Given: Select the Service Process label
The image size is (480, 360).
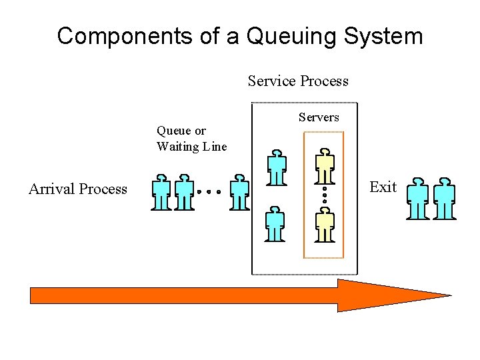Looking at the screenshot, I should coord(298,81).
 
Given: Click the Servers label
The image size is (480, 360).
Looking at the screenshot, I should coord(319,117).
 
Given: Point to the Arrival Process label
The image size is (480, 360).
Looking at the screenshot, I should coord(78,189).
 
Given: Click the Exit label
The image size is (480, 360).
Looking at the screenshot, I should coord(383,187).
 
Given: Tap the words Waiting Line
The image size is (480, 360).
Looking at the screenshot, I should coord(191,147).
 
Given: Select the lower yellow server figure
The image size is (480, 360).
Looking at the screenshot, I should coord(325,224).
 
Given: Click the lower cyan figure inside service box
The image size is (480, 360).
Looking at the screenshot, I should coord(275,224).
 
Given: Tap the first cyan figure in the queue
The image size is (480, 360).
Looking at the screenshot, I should coord(161,193).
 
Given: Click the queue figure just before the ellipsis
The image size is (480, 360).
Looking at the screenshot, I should coord(184,193).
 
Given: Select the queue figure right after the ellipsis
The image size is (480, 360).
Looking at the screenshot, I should coord(239,193).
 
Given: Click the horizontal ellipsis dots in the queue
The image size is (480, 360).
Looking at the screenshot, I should coord(209,191).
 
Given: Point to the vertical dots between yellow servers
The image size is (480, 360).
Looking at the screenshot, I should coord(325,195).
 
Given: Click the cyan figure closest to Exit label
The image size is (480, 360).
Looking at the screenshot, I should coord(418,198).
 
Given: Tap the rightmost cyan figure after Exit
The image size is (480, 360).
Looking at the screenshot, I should coord(445,198).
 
